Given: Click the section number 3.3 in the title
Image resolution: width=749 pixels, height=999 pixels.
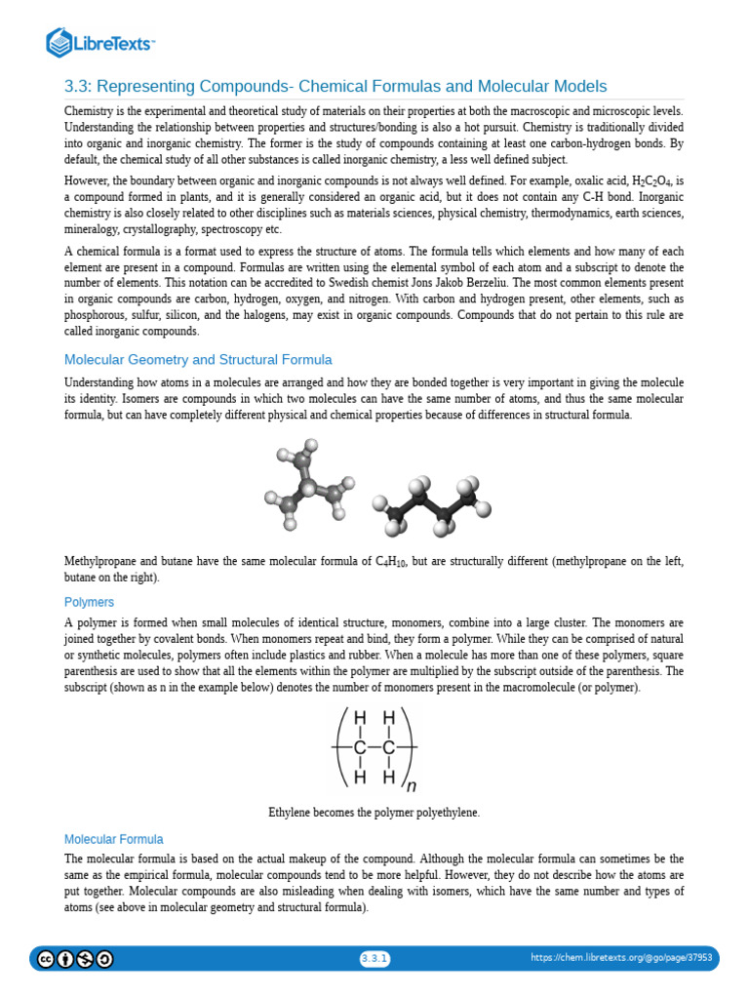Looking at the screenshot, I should coord(77,86).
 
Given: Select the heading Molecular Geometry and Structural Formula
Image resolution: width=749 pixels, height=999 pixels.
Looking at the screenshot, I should coord(198,359).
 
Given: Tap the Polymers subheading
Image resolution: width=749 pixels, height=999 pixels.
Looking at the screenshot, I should coord(89,602).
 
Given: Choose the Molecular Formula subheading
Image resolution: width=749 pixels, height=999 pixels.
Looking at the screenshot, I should coord(113,839).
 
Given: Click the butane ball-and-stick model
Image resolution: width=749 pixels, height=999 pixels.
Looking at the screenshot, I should coord(430,505).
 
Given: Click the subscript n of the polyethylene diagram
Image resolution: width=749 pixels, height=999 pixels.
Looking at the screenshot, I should coord(411,786).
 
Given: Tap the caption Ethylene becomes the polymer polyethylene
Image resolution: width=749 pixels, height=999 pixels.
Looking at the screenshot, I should coord(374,812).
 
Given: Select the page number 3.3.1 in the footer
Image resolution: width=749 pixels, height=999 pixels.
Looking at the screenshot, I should coord(374,958).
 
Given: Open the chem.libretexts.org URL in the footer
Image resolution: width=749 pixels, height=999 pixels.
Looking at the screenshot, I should coord(621,958).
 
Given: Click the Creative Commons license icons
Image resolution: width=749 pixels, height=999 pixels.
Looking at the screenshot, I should coord(75,959).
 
